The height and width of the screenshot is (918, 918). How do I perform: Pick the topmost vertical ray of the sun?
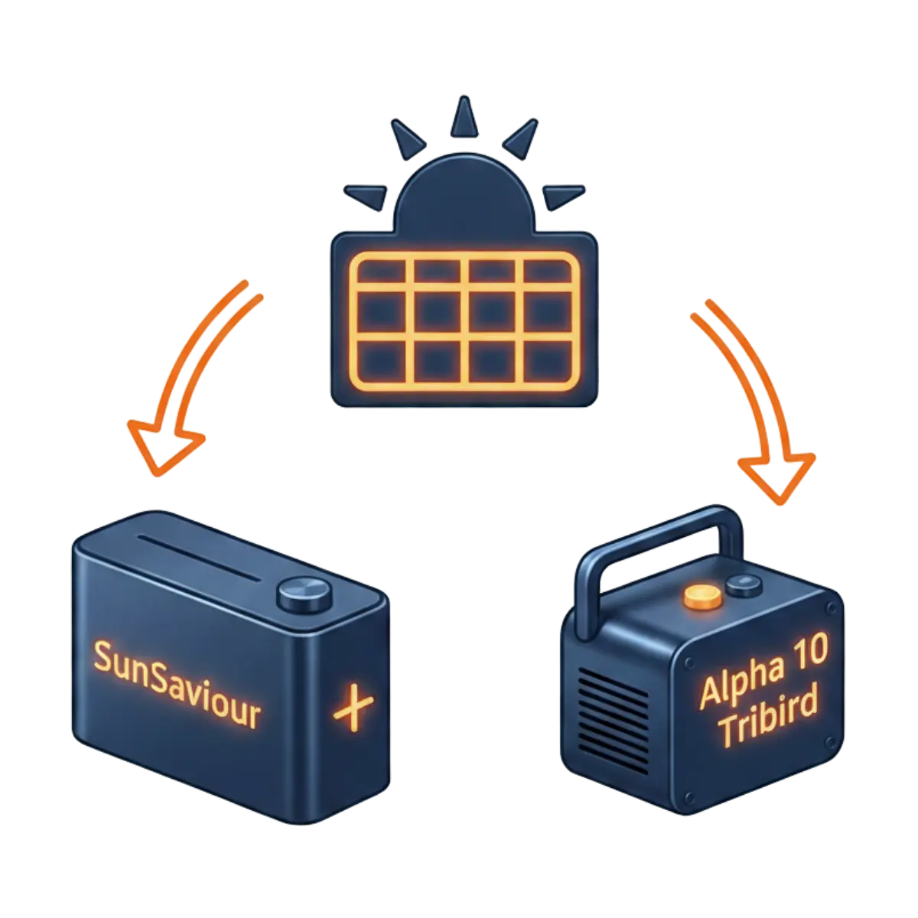462,119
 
